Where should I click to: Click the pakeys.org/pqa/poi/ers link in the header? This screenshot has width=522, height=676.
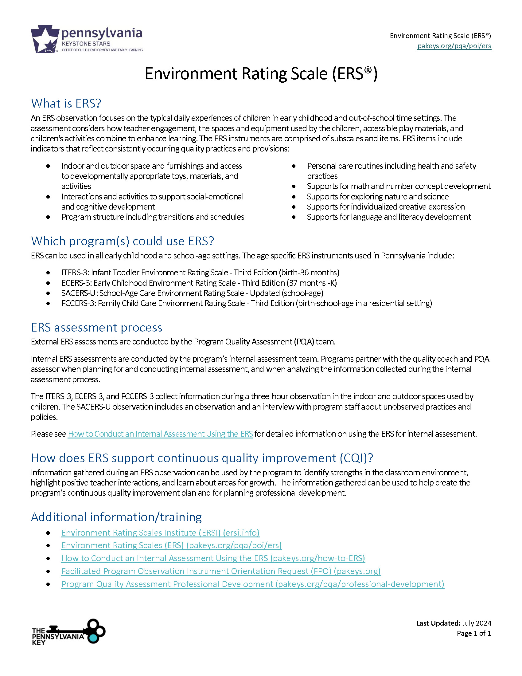click(x=454, y=46)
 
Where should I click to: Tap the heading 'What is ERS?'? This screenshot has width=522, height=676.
click(x=66, y=103)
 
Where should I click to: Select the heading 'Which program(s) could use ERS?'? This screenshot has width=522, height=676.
click(x=123, y=241)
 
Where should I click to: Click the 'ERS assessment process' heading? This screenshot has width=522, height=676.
click(x=96, y=328)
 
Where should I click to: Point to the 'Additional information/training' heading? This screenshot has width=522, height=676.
click(x=116, y=517)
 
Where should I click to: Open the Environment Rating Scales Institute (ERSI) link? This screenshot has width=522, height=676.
click(x=160, y=533)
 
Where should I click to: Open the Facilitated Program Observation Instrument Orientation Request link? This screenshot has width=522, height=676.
click(x=221, y=571)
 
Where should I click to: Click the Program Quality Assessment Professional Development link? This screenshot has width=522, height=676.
click(x=253, y=584)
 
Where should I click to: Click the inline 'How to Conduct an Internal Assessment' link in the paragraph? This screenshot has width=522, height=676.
click(x=160, y=434)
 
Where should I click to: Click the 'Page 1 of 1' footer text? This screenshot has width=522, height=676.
click(x=474, y=633)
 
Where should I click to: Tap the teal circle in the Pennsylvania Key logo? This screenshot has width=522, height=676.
click(x=93, y=638)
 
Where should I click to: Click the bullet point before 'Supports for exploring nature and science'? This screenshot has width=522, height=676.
click(x=294, y=197)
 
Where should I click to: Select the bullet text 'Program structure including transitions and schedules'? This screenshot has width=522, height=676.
click(x=153, y=217)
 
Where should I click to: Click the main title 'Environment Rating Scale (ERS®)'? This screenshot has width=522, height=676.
click(x=261, y=74)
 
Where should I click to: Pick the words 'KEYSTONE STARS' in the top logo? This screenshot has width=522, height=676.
click(x=86, y=44)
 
